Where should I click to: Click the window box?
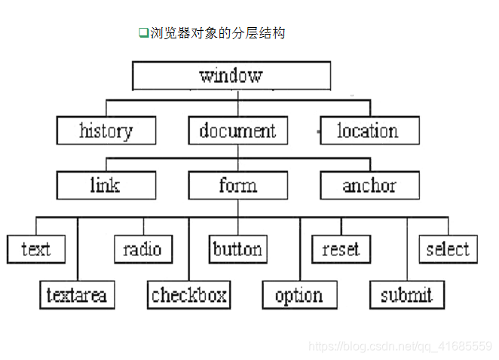pyautogui.click(x=231, y=75)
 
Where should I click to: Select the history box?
pyautogui.click(x=106, y=131)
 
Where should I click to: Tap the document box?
pyautogui.click(x=237, y=131)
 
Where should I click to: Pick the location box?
pyautogui.click(x=369, y=131)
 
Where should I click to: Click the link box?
pyautogui.click(x=106, y=185)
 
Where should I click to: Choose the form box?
pyautogui.click(x=237, y=185)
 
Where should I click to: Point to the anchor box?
pyautogui.click(x=369, y=185)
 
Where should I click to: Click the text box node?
pyautogui.click(x=36, y=249)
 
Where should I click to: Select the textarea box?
pyautogui.click(x=77, y=295)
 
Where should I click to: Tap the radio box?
pyautogui.click(x=143, y=249)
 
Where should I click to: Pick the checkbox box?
pyautogui.click(x=188, y=295)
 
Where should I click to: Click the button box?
pyautogui.click(x=237, y=249)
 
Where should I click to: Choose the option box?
pyautogui.click(x=298, y=295)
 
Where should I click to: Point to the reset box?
pyautogui.click(x=341, y=249)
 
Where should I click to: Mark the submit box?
pyautogui.click(x=406, y=295)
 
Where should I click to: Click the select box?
pyautogui.click(x=448, y=249)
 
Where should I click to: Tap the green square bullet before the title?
pyautogui.click(x=142, y=32)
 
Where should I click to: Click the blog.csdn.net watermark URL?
pyautogui.click(x=400, y=346)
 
